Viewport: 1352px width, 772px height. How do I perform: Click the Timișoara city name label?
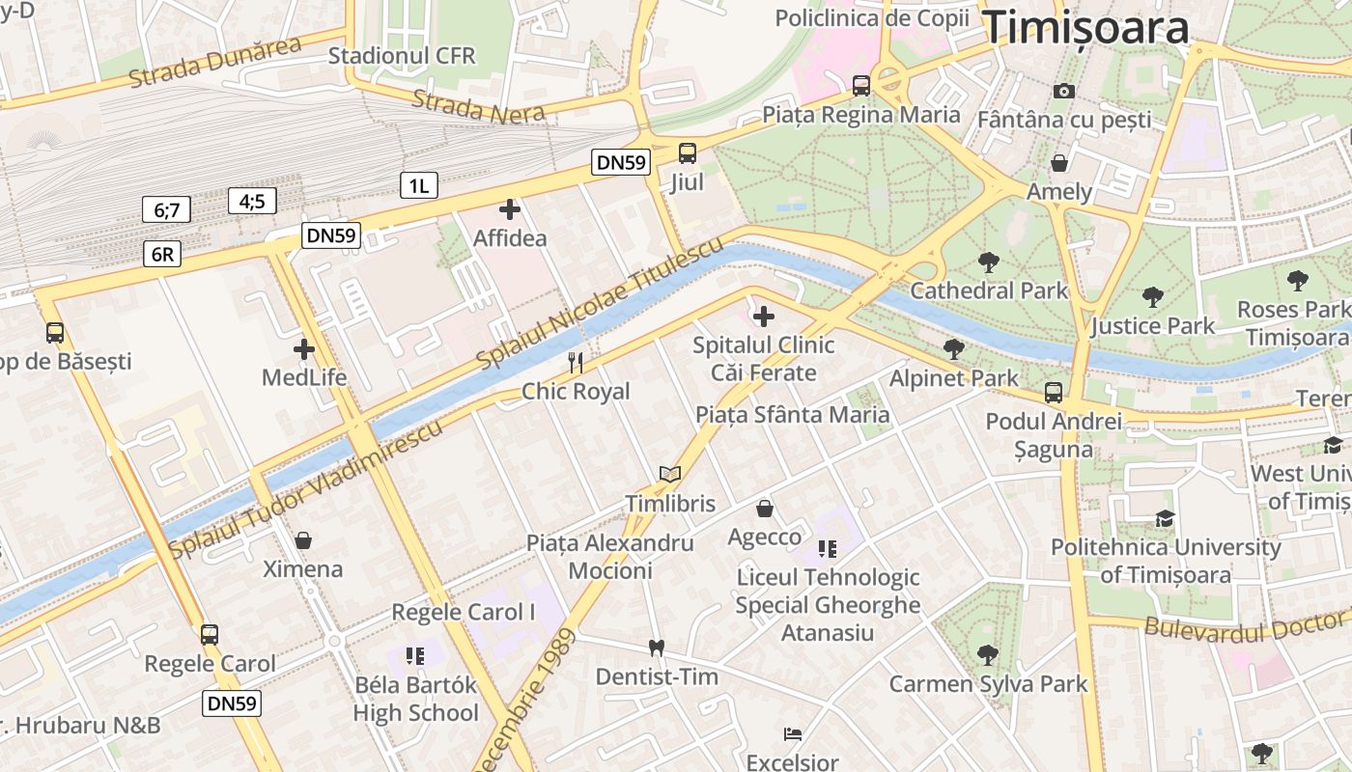[1085, 28]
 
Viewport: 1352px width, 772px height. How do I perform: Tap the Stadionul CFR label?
[402, 55]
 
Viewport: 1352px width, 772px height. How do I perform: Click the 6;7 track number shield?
[166, 209]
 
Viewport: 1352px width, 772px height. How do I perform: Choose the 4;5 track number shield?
[253, 201]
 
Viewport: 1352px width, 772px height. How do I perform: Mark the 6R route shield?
[162, 254]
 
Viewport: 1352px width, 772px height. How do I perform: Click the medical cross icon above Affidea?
[510, 209]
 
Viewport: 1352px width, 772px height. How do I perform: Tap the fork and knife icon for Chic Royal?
[576, 363]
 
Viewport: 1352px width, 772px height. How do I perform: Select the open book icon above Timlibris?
[670, 474]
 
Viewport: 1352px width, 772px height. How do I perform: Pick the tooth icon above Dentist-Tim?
[657, 648]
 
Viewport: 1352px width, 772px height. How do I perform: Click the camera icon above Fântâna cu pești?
[1064, 91]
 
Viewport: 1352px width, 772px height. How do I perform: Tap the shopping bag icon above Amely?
[1059, 162]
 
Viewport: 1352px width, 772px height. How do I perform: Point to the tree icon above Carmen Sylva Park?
[987, 655]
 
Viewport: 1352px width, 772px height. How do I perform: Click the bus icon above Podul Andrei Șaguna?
[1053, 393]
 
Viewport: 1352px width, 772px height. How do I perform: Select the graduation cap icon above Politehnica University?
[1165, 518]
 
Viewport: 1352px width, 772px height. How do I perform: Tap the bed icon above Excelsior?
[792, 734]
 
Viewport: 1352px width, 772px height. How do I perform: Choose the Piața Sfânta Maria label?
[792, 415]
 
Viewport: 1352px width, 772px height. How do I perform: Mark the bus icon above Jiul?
[687, 153]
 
